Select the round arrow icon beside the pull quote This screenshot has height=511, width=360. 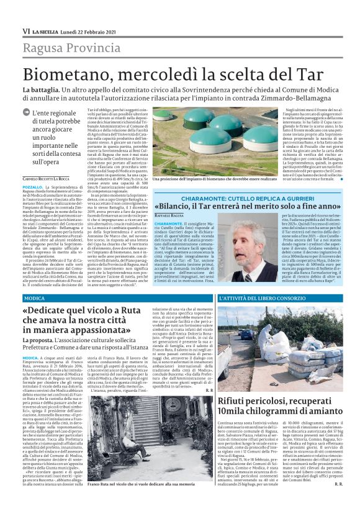tap(25, 112)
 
